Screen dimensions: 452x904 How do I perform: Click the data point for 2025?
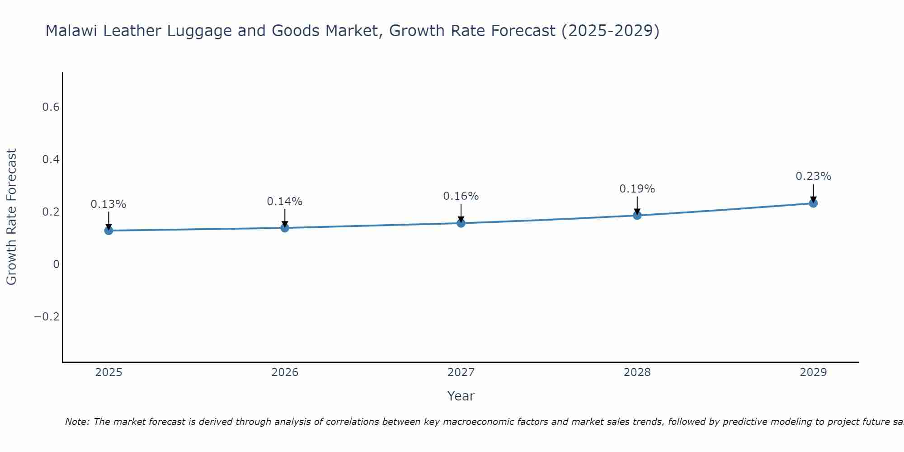[x=108, y=231]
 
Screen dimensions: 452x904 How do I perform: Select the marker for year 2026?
[x=285, y=228]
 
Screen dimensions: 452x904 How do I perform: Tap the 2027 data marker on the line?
[x=461, y=223]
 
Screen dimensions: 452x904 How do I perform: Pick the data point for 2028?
[x=637, y=215]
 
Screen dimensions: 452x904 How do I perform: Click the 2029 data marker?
[x=813, y=203]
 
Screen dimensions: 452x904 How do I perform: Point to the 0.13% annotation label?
[x=108, y=204]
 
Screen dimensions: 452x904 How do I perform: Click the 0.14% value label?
[x=285, y=202]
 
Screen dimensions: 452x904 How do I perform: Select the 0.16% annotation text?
[x=461, y=196]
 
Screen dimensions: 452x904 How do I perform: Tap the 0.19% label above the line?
[x=637, y=189]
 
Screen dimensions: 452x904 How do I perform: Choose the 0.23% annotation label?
[x=813, y=176]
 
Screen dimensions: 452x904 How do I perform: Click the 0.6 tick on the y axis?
[x=51, y=107]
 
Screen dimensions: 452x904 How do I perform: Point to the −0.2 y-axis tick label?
[x=47, y=316]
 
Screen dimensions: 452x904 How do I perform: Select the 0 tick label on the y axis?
[x=56, y=264]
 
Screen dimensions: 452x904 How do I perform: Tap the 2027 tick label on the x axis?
[x=461, y=372]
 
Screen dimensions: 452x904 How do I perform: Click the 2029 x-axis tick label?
[x=813, y=372]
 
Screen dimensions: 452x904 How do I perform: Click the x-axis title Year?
[x=461, y=396]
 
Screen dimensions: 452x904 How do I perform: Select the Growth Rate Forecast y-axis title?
[x=11, y=217]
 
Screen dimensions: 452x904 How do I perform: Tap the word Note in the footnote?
[x=77, y=422]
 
